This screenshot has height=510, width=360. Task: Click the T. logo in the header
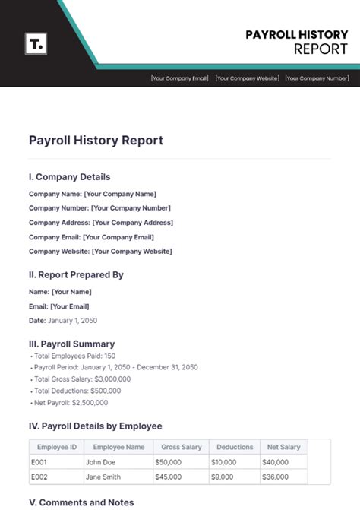pos(35,43)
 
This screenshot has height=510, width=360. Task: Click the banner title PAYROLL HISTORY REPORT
pos(296,42)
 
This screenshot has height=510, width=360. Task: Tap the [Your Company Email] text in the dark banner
pos(179,78)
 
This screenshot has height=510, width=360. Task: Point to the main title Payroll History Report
pos(96,141)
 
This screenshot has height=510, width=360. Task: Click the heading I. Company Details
pos(69,177)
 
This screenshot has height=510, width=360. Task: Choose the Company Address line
pos(101,223)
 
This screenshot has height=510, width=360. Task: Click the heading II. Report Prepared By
pos(76,274)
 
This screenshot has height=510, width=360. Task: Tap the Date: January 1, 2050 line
pos(63,321)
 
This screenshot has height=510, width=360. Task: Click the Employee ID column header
pos(57,448)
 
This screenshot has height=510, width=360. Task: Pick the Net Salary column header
pos(283,448)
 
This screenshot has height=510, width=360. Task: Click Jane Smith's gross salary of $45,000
pos(169,477)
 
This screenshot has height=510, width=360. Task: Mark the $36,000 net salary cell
pos(276,477)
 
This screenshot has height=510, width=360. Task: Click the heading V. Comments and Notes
pos(81,502)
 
